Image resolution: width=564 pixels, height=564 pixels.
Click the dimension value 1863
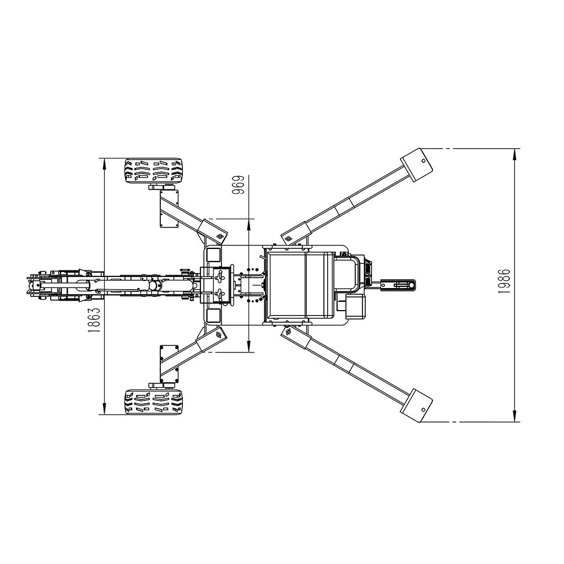[x=94, y=320]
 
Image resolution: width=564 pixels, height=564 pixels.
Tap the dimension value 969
[x=238, y=185]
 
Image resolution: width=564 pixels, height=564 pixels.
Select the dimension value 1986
[x=504, y=281]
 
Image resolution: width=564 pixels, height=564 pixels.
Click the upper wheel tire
[x=153, y=171]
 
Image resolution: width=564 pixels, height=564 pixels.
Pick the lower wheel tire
[x=153, y=402]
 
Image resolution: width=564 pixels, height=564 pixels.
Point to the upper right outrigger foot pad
[x=416, y=165]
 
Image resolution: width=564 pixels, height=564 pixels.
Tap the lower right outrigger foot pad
[x=416, y=405]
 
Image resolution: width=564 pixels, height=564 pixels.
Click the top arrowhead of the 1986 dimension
[x=515, y=155]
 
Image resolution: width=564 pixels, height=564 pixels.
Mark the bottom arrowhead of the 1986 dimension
[x=515, y=415]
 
